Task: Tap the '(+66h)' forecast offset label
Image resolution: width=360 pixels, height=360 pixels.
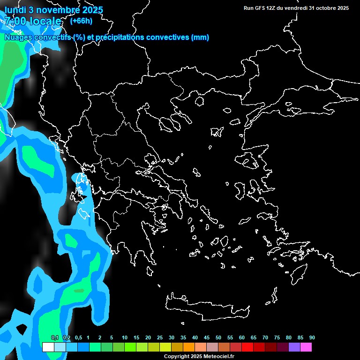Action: click(81, 21)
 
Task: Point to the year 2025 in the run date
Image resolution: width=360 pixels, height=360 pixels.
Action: click(340, 8)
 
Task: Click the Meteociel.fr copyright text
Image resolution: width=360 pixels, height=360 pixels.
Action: click(199, 356)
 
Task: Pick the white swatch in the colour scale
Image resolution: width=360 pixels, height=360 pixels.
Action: click(48, 347)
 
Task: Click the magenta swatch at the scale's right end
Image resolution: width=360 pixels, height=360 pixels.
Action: click(306, 347)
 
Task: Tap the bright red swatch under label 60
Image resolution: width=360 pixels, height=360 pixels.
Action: click(247, 347)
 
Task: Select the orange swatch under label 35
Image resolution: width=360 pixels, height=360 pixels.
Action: click(189, 347)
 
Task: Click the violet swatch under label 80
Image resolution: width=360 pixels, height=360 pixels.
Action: click(294, 347)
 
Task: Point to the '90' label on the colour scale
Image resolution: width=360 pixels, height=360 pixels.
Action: click(312, 338)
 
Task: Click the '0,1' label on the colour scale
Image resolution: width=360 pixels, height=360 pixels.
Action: click(54, 338)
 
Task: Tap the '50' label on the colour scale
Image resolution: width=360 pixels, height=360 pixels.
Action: click(218, 338)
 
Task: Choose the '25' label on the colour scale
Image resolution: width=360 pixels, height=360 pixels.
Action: click(160, 338)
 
